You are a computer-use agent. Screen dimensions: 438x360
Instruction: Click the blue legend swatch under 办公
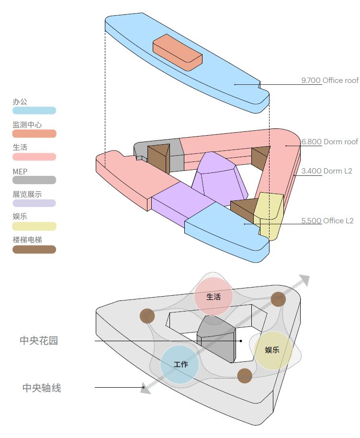click(x=34, y=111)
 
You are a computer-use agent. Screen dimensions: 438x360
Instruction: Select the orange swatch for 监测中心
click(x=34, y=134)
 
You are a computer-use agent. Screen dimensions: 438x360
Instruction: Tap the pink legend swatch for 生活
click(x=34, y=157)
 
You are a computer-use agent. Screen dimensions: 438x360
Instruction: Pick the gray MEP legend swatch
click(x=34, y=180)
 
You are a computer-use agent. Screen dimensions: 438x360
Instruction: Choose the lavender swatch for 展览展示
click(x=34, y=203)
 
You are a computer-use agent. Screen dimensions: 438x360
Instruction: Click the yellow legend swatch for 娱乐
click(x=34, y=226)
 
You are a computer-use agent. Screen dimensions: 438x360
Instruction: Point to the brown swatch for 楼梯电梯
click(x=34, y=249)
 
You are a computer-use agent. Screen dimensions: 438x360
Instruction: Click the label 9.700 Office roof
click(x=329, y=80)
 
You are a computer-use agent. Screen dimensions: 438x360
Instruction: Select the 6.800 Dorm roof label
click(x=329, y=142)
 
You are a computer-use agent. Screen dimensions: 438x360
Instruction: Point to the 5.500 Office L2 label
click(x=327, y=220)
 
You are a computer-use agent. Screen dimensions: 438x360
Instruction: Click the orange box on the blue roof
click(x=178, y=50)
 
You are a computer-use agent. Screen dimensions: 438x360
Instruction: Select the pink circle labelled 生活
click(x=214, y=297)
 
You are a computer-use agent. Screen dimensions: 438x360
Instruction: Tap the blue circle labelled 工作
click(x=180, y=365)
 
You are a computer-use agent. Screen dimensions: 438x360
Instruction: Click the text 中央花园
click(x=39, y=341)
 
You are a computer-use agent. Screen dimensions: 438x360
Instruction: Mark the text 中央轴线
click(x=42, y=388)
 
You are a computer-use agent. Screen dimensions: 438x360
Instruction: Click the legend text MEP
click(x=20, y=170)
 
